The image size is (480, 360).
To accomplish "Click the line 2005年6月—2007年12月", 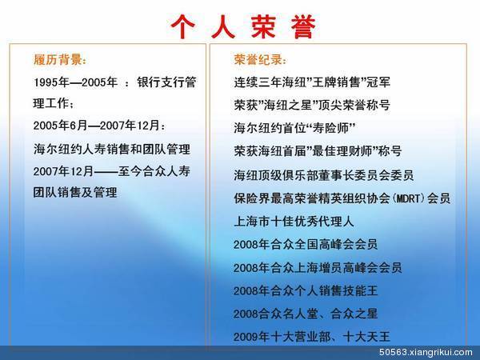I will [x=100, y=126].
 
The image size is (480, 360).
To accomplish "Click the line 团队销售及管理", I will [x=75, y=193].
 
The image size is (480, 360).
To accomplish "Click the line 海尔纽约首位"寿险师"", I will [x=294, y=127].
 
